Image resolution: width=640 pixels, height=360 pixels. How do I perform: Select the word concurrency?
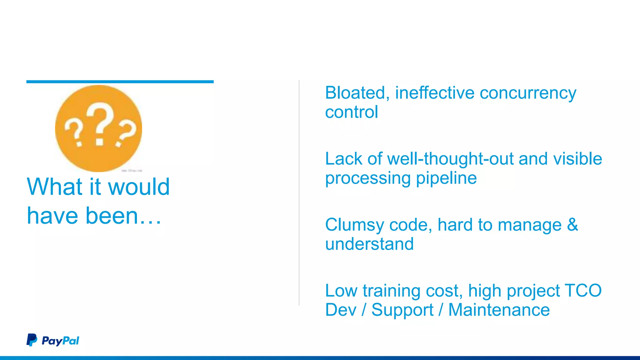(528, 93)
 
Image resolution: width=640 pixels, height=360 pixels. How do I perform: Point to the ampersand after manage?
(572, 225)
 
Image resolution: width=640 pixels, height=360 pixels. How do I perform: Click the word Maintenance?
(499, 310)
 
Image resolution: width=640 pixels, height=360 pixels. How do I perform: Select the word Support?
(402, 310)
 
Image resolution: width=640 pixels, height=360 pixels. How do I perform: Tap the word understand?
(369, 244)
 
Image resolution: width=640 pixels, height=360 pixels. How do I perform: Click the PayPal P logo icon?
(32, 340)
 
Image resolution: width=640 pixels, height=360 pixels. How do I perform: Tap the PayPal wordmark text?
(60, 341)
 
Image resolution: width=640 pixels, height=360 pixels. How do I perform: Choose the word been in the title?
(112, 216)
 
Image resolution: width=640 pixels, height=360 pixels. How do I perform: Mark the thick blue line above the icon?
(120, 82)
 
